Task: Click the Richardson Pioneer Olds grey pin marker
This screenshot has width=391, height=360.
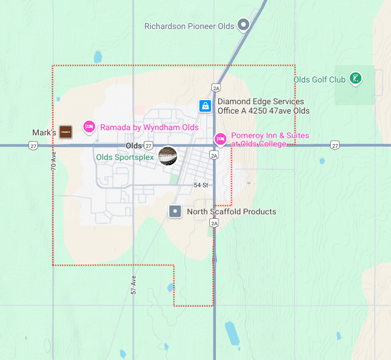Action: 243,24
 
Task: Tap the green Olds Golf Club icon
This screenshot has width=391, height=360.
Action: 355,79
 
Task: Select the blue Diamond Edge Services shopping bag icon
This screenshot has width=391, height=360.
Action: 206,106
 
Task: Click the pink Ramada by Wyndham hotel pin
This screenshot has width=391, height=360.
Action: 89,127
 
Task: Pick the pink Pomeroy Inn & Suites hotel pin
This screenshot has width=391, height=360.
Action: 220,139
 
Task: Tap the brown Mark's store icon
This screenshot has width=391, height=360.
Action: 65,132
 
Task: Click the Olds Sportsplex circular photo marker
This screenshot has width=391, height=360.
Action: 167,156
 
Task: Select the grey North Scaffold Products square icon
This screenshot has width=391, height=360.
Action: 175,211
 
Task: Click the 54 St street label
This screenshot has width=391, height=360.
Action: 201,185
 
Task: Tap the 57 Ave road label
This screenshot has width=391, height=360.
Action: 133,285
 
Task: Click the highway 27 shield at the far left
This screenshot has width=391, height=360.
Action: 33,146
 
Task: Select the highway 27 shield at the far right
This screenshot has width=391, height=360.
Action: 335,146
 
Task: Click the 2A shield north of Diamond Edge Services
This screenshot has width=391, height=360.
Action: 217,88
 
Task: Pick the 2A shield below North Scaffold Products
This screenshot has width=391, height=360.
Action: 214,223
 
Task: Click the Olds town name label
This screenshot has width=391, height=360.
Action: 133,146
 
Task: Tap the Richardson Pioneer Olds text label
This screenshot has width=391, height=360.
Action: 189,26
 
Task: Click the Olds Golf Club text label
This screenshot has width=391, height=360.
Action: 319,79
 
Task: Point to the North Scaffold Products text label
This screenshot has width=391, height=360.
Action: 232,212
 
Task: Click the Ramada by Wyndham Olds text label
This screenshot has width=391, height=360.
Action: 149,127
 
